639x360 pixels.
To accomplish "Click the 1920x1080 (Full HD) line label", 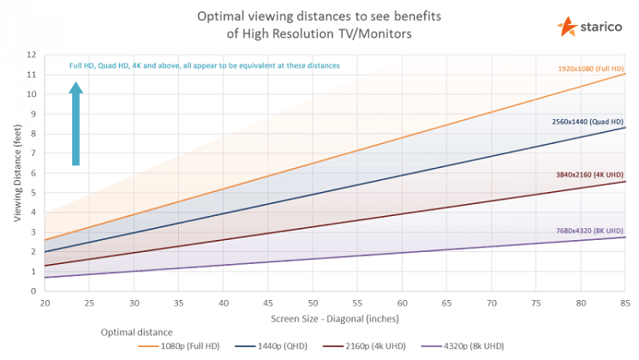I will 591,67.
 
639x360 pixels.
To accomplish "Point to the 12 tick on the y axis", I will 31,55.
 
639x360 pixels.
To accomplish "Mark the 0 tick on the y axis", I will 33,291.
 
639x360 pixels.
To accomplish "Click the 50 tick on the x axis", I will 314,303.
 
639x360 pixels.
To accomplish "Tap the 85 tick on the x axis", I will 625,303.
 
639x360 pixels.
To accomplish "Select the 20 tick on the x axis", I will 45,303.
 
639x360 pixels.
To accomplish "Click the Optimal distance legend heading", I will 137,331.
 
